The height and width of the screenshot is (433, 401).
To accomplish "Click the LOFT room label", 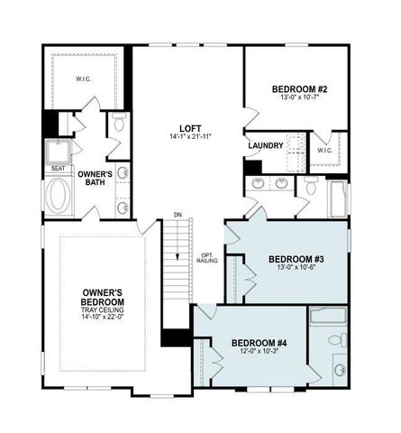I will click(188, 126).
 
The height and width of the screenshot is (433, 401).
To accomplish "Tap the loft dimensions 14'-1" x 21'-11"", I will click(188, 136).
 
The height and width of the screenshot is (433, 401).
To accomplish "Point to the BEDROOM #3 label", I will click(295, 260).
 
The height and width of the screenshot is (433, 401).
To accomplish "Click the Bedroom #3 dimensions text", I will click(295, 269).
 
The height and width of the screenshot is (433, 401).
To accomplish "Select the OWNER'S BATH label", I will click(94, 177).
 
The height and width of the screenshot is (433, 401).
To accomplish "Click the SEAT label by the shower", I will click(58, 168).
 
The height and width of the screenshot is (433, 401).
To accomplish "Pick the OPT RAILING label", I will click(206, 258).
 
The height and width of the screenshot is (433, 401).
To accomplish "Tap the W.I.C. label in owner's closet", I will click(82, 79).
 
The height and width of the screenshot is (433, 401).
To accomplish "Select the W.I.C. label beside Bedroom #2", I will click(325, 150).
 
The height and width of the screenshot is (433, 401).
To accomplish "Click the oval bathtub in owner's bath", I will click(59, 196).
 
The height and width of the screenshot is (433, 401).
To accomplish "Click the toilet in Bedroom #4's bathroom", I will click(335, 340).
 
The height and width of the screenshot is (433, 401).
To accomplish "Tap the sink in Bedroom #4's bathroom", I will click(340, 370).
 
